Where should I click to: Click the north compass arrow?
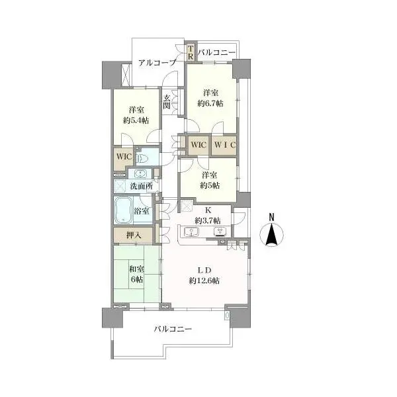[x=271, y=235]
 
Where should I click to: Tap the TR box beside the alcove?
[x=191, y=53]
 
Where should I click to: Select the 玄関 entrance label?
[x=166, y=102]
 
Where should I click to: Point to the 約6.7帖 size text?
[x=210, y=103]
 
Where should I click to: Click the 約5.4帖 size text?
[x=136, y=120]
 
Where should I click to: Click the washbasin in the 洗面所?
[x=140, y=173]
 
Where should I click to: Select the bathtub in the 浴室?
[x=124, y=210]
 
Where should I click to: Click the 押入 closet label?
[x=134, y=236]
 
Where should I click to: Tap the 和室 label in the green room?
[x=137, y=269]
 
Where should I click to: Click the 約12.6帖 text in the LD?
[x=204, y=281]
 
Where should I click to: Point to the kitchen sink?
[x=191, y=232]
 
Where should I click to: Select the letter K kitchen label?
[x=208, y=210]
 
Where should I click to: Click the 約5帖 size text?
[x=210, y=185]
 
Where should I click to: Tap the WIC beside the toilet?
[x=124, y=156]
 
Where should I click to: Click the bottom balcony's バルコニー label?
[x=173, y=329]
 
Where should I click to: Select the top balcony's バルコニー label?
[x=216, y=53]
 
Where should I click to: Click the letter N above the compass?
[x=272, y=217]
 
